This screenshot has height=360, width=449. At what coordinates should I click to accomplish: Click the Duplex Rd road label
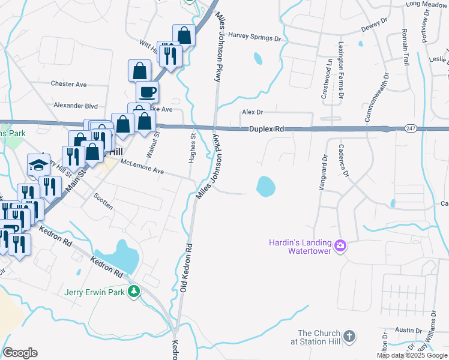click(x=267, y=128)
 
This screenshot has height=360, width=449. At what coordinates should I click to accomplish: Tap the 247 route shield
click(x=411, y=128)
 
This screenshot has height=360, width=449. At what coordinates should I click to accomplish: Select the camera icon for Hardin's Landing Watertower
click(x=340, y=245)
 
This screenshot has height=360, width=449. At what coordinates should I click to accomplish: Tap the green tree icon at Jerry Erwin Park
click(x=136, y=292)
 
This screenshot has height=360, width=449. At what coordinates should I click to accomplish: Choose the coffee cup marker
click(x=147, y=92)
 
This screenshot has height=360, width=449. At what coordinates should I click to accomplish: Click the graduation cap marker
click(x=38, y=164)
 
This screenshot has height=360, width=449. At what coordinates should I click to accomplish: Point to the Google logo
click(x=20, y=352)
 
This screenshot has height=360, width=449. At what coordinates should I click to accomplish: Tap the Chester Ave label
click(x=69, y=84)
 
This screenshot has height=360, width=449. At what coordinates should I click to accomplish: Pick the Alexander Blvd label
click(x=76, y=105)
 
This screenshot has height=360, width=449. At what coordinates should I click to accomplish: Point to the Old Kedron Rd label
click(x=185, y=268)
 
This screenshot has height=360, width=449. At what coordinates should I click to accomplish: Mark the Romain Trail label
click(x=405, y=43)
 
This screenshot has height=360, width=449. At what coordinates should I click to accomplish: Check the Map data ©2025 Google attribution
click(x=412, y=355)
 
